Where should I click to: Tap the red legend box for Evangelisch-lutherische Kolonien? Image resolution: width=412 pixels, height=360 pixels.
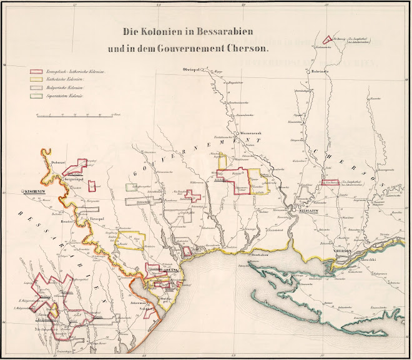coord(36,72)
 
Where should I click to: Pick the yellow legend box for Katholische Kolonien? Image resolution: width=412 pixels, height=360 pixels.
coord(36,80)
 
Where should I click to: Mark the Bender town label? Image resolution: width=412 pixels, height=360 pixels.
coord(67,221)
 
